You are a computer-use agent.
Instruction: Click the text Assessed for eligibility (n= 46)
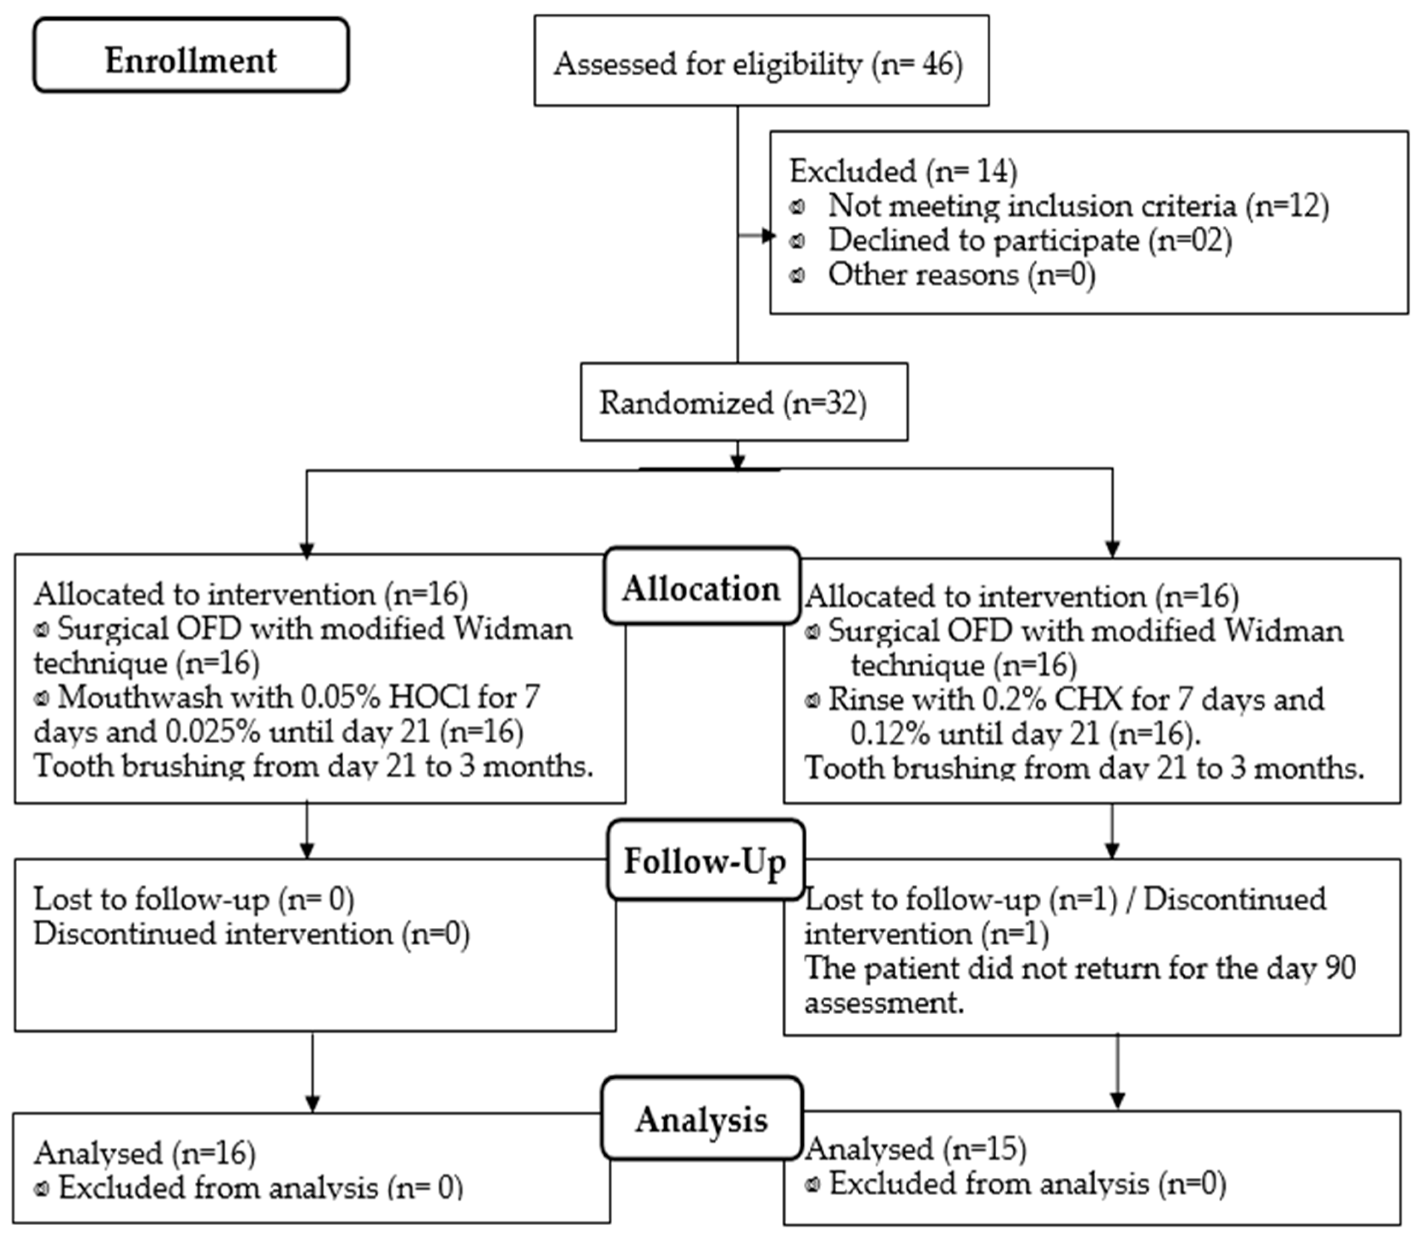(758, 64)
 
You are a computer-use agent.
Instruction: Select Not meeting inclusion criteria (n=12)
(1078, 206)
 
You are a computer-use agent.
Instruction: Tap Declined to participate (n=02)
(1029, 240)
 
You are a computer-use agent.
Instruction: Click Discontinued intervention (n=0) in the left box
(252, 934)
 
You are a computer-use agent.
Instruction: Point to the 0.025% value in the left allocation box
(212, 732)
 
